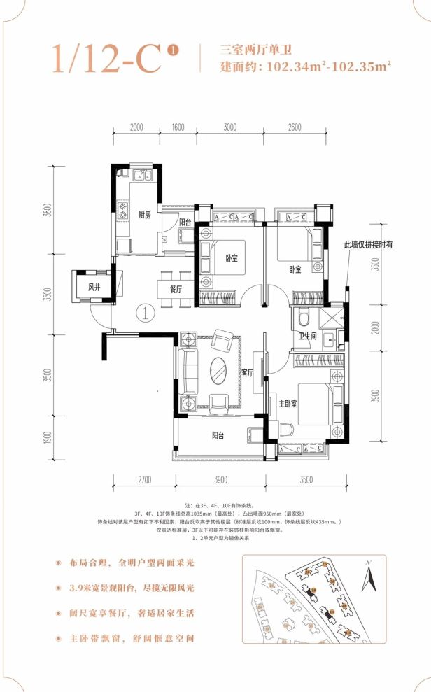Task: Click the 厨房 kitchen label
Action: [145, 216]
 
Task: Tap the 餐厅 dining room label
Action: [176, 288]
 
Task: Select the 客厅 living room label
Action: [247, 374]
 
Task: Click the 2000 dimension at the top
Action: [136, 127]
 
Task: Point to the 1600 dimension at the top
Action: [177, 127]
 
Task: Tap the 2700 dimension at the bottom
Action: [145, 479]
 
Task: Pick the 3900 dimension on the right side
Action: [376, 397]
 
